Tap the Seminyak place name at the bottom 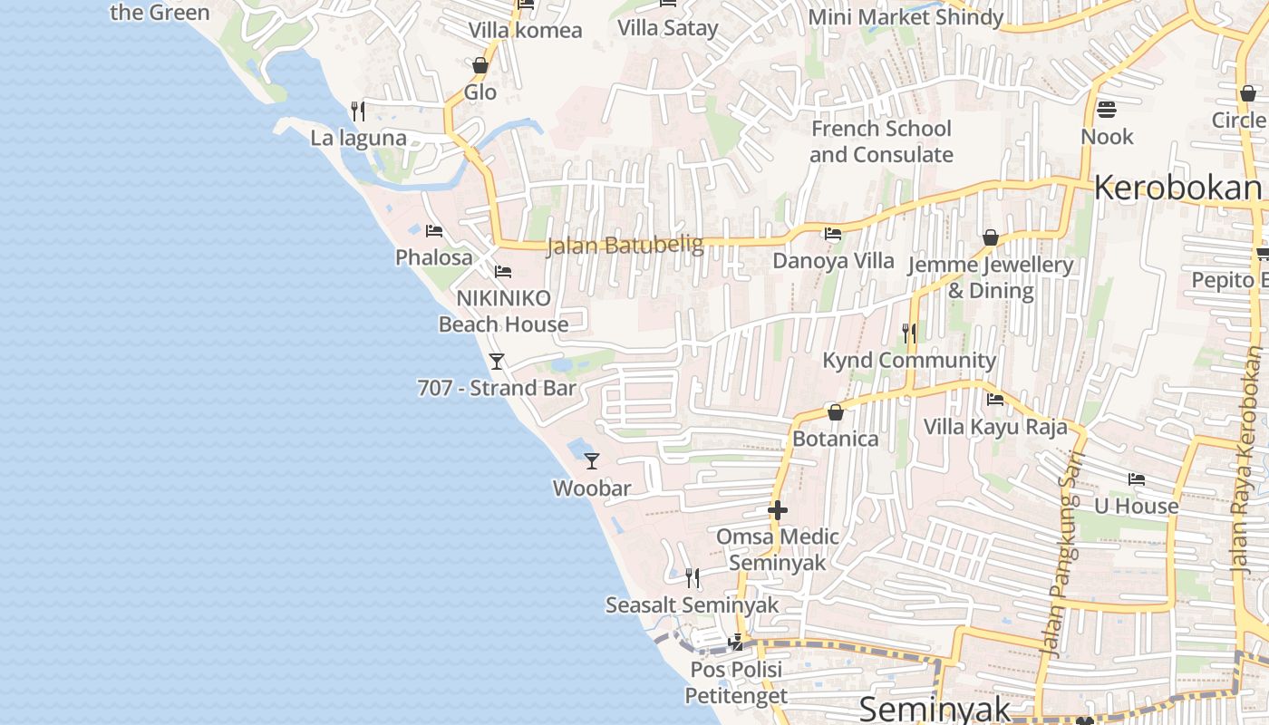[935, 708]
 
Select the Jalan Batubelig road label [625, 246]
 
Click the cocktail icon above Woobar [592, 461]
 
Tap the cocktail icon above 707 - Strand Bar [497, 362]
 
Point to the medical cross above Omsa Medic [778, 510]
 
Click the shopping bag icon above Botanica [836, 413]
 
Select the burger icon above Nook [1106, 111]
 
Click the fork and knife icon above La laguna [358, 111]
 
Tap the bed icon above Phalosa [434, 231]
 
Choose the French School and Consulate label [881, 141]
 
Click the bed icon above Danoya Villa [832, 235]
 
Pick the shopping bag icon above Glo [480, 66]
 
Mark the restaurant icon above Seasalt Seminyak [693, 578]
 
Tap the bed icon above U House [1137, 479]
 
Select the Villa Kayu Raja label [995, 427]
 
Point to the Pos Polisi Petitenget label [735, 682]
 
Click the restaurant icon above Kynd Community [909, 333]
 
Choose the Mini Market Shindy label [906, 17]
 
